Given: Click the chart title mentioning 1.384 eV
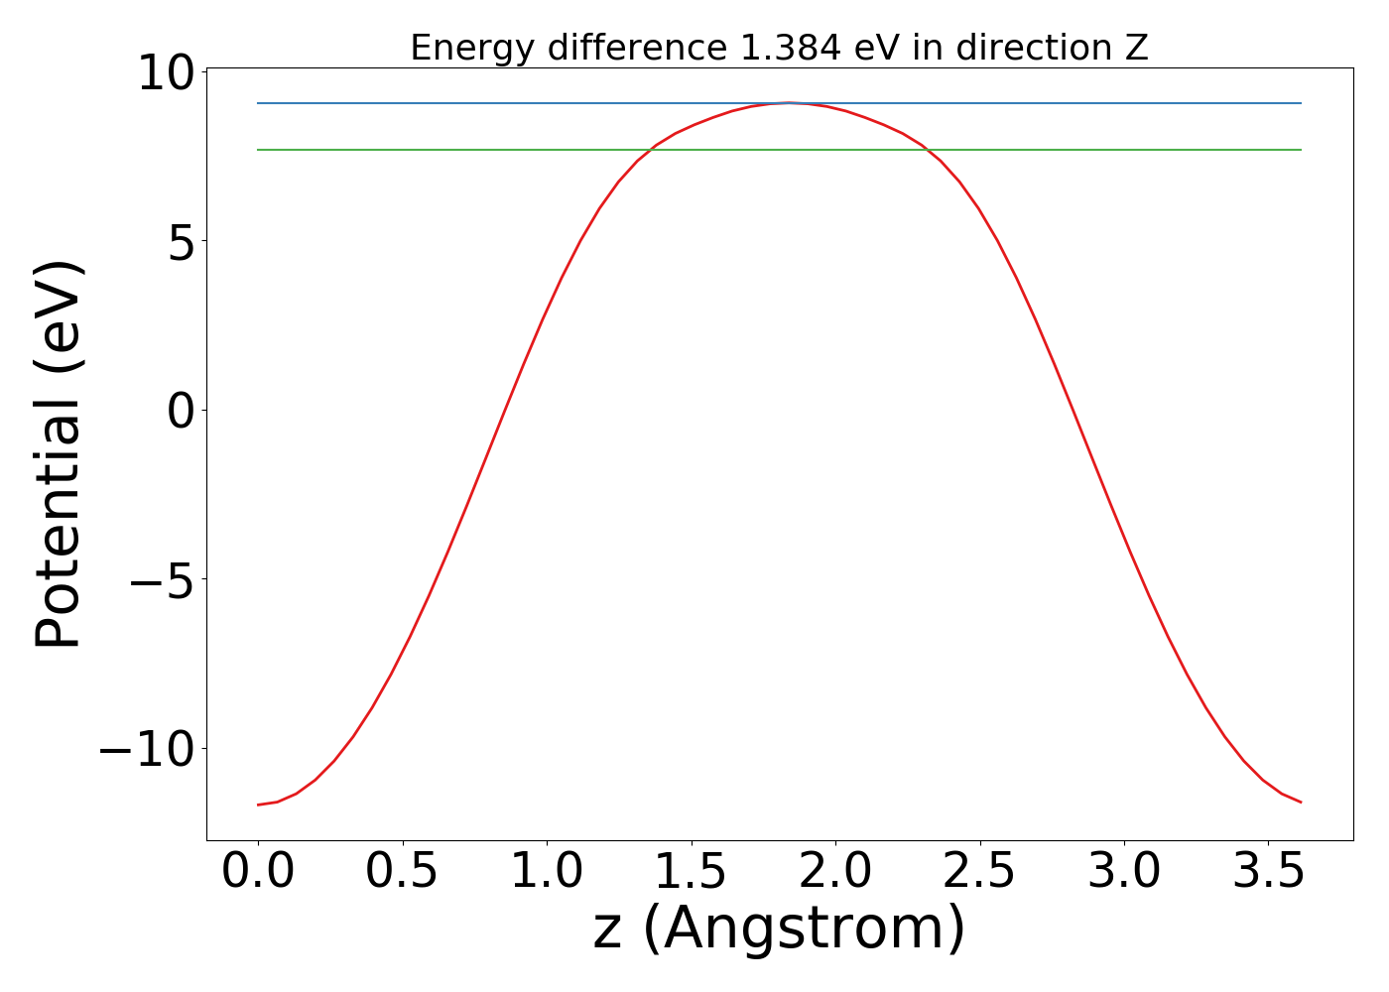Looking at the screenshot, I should click(779, 48).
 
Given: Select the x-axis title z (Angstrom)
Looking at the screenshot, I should click(779, 929).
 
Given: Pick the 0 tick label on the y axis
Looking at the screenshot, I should click(181, 410).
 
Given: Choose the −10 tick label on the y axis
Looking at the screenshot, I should click(147, 749).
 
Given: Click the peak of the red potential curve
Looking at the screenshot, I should click(789, 102).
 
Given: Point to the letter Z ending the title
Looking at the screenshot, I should click(1137, 48).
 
